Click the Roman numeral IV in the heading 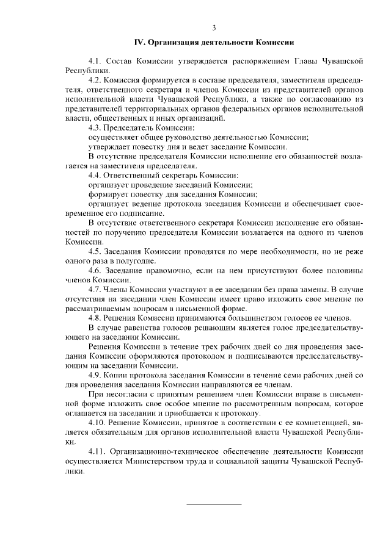click(139, 43)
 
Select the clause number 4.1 click(95, 62)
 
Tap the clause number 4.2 click(95, 79)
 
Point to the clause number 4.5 click(95, 251)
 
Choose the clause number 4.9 click(95, 375)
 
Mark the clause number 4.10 click(97, 422)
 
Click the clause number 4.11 click(97, 451)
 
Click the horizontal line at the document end click(213, 504)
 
